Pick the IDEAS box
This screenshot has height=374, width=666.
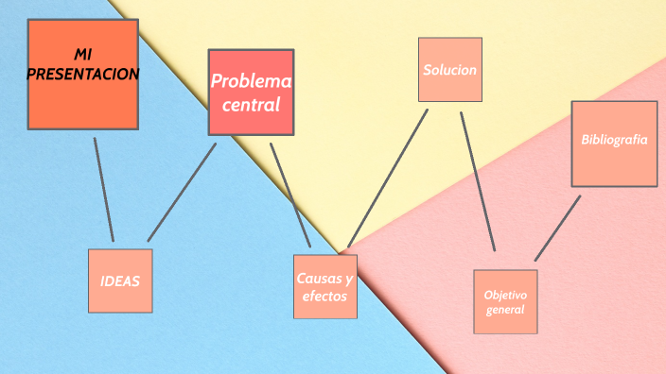120,280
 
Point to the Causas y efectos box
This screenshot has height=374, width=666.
325,286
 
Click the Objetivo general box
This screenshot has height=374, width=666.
505,301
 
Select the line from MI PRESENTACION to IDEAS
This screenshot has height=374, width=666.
104,189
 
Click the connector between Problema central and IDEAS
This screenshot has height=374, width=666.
182,192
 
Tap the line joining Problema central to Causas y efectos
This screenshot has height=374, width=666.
290,195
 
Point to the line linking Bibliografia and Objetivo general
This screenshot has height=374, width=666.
557,229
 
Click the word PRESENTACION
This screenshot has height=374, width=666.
83,74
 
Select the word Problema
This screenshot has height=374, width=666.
251,82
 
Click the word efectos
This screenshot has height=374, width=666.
324,297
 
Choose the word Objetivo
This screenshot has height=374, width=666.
505,295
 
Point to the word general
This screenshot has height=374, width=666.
505,309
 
